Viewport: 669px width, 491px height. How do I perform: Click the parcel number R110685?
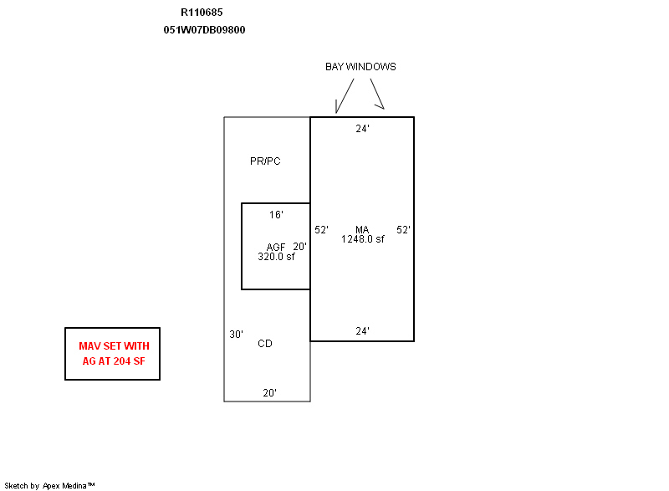click(x=202, y=13)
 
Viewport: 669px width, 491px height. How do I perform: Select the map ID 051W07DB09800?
click(x=204, y=30)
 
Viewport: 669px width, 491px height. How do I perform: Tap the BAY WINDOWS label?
click(x=360, y=67)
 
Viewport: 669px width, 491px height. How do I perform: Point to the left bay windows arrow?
click(x=345, y=96)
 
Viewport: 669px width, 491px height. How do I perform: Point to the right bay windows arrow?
click(x=377, y=94)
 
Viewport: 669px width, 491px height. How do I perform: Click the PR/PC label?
click(x=265, y=161)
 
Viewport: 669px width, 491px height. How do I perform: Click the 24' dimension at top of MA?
click(x=362, y=129)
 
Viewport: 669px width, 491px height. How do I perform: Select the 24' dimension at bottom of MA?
click(x=362, y=330)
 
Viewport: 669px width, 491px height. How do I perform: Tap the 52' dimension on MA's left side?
click(x=321, y=230)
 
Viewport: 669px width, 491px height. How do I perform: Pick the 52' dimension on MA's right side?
click(x=403, y=230)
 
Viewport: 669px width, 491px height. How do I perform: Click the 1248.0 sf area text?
click(x=363, y=239)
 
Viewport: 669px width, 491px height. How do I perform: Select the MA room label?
click(x=362, y=230)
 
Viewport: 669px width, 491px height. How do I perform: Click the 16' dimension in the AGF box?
click(x=276, y=215)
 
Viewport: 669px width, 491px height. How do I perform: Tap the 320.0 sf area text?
click(x=276, y=257)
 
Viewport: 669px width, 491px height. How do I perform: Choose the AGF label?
click(x=276, y=248)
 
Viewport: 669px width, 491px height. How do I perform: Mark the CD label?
click(x=265, y=344)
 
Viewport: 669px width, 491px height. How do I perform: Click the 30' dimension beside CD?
click(x=236, y=334)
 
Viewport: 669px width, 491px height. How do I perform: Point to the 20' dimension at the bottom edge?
click(x=269, y=392)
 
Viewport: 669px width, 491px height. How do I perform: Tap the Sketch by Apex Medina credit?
click(x=49, y=485)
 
